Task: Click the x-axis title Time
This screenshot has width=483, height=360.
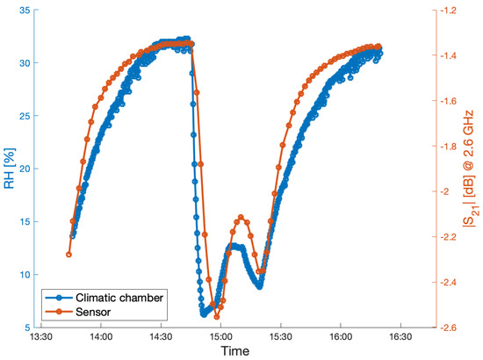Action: click(235, 351)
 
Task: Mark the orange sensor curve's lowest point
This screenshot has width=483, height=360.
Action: click(216, 316)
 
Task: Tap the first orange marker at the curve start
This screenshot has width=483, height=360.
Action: click(68, 255)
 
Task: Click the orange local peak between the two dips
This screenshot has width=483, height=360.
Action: click(240, 217)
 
